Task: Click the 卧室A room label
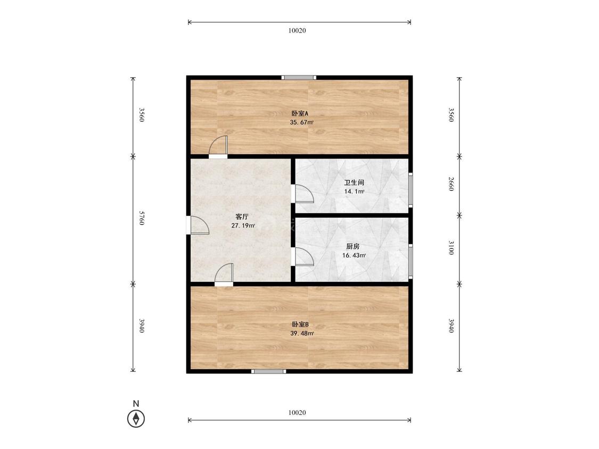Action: [x=299, y=113]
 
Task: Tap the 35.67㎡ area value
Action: [x=302, y=122]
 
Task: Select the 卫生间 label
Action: [x=354, y=182]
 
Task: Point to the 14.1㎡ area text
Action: [x=354, y=192]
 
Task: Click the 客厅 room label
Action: [x=242, y=217]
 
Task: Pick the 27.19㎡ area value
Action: [x=243, y=226]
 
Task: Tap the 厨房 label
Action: [x=353, y=246]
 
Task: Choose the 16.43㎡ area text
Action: [x=354, y=255]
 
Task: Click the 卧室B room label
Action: [x=300, y=325]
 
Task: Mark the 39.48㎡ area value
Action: [x=302, y=334]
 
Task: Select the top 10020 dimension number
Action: [x=297, y=30]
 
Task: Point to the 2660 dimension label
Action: [x=451, y=184]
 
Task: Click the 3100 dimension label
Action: [x=451, y=247]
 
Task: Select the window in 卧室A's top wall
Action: [x=299, y=78]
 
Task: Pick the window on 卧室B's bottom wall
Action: [x=268, y=371]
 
